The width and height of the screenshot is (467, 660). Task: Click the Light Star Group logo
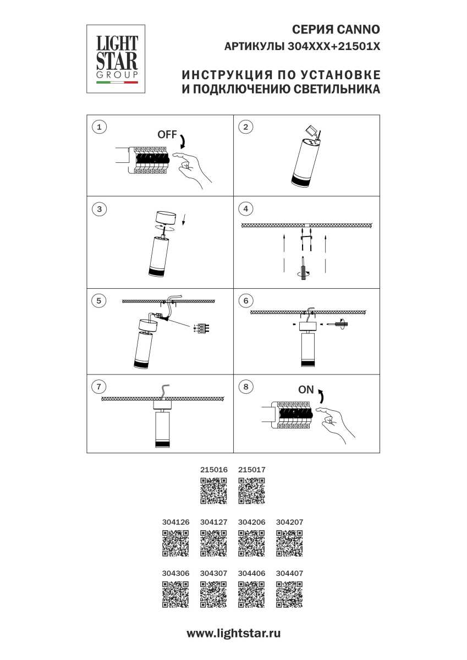click(x=116, y=59)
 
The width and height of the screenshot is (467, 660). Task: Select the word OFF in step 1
click(x=167, y=135)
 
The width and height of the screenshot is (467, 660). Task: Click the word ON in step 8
click(x=306, y=390)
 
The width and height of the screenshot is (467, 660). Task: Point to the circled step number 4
click(x=246, y=209)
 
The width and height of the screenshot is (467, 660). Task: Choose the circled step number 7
click(x=98, y=387)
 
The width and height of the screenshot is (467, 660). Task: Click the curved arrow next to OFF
click(x=183, y=141)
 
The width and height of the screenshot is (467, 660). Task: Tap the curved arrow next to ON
click(x=321, y=395)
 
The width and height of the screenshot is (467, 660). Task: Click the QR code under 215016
click(x=213, y=491)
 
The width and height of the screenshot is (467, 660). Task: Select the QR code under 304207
click(x=289, y=543)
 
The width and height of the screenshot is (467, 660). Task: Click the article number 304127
click(x=213, y=522)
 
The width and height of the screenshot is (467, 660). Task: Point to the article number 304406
click(x=251, y=573)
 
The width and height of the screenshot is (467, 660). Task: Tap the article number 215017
click(x=251, y=470)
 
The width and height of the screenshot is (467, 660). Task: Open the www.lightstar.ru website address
click(x=233, y=633)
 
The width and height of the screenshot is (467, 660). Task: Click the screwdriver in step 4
click(x=304, y=268)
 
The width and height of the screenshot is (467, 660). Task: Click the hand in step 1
click(x=191, y=169)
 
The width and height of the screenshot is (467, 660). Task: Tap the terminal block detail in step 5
click(x=204, y=328)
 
